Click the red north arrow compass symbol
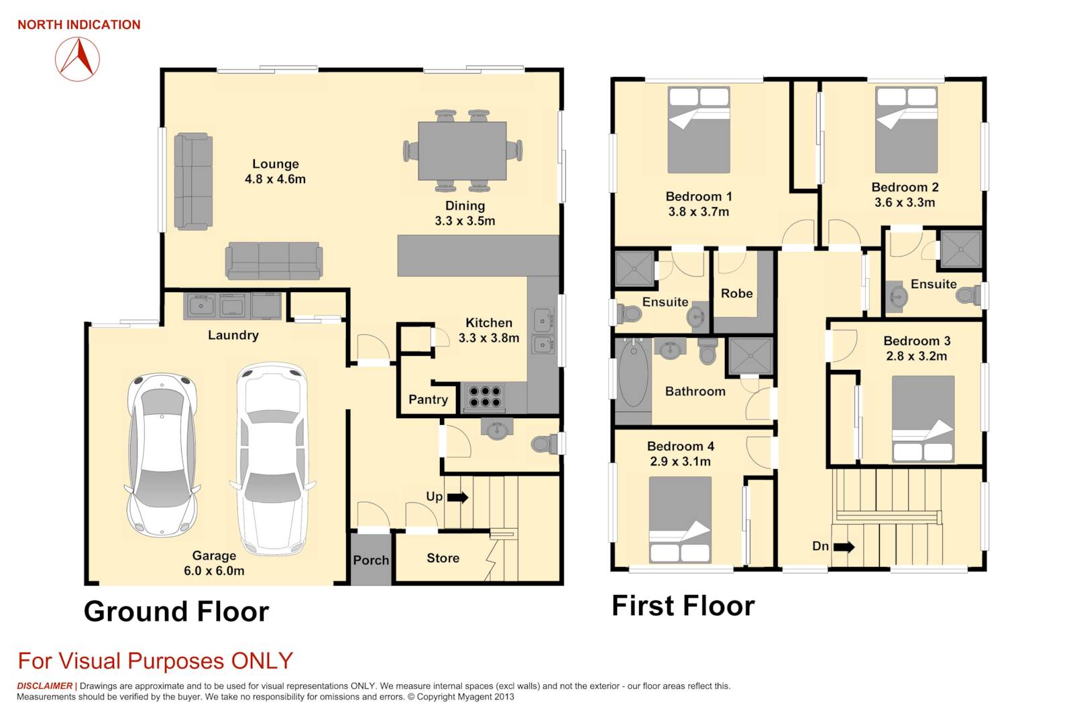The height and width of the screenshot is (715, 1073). pos(78,60)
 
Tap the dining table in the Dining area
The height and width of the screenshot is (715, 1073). pos(462,151)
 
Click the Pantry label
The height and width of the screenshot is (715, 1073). pos(429,399)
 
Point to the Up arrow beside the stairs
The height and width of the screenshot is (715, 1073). pos(457,497)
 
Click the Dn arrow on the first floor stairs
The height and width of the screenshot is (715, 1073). pos(844,547)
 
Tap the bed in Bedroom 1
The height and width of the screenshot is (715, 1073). pos(699,130)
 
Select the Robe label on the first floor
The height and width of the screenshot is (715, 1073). pos(737,294)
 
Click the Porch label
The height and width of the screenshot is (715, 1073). pos(372,560)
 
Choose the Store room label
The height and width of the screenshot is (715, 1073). pos(443,558)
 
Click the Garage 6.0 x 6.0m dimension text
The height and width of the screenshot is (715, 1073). pos(214,571)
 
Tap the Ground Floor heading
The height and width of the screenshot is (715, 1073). pos(176,612)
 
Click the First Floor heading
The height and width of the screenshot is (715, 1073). pos(683,606)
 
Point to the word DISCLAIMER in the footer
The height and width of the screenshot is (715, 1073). pos(44,686)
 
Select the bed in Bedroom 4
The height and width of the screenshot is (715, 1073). pos(680,520)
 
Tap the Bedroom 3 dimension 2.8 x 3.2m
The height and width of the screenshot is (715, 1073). pos(917,356)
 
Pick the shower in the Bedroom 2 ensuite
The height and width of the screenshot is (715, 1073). pos(961,249)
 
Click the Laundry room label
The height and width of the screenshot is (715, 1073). pos(233,335)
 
